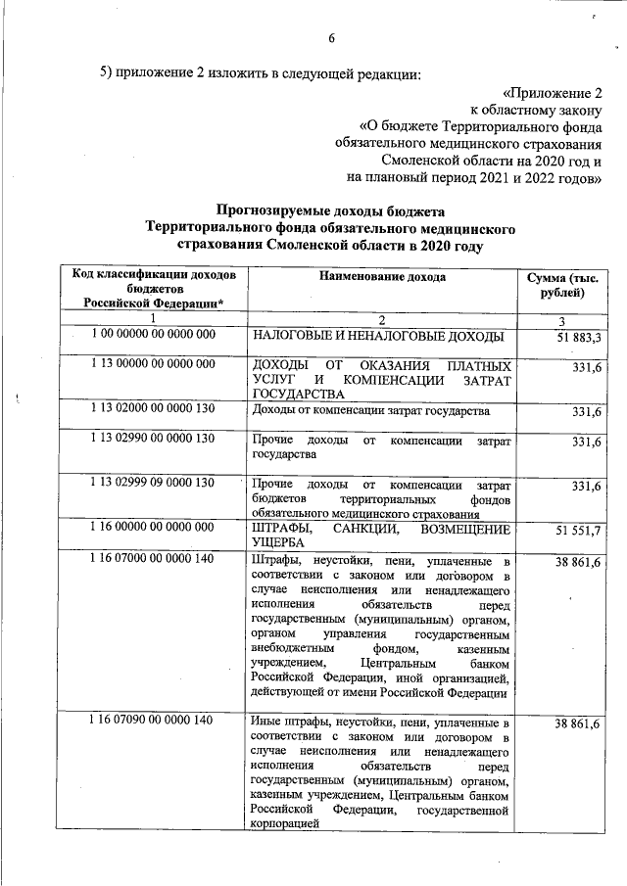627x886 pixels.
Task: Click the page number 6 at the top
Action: (x=331, y=38)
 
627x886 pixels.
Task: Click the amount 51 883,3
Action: (x=578, y=338)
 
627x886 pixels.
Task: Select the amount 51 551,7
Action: (x=578, y=530)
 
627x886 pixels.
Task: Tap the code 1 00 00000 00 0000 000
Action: (x=153, y=335)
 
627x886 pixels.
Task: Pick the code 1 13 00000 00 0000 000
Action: (x=153, y=364)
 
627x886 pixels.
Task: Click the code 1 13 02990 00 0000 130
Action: (x=153, y=439)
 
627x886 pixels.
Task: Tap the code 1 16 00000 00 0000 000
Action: (x=153, y=528)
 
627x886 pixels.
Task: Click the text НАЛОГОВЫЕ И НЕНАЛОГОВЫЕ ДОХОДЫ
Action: (x=377, y=338)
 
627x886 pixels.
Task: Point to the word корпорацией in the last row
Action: (x=286, y=826)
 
